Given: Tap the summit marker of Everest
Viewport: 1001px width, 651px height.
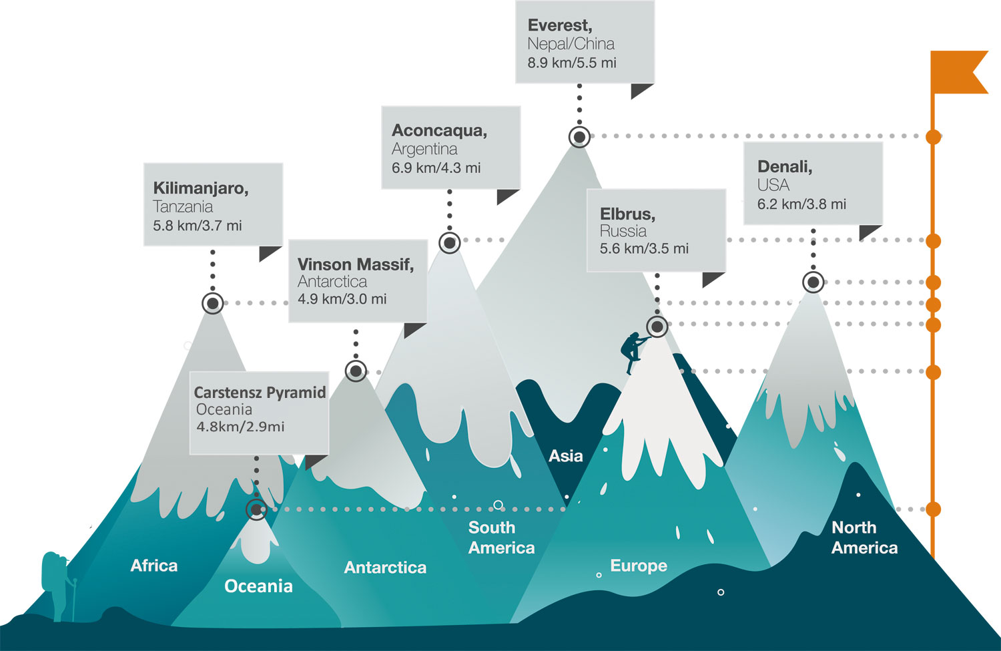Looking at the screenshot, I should point(579,137).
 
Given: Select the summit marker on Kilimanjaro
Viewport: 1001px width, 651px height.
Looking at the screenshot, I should point(213,304).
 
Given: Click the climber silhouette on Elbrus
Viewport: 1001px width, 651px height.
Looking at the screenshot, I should point(631,351).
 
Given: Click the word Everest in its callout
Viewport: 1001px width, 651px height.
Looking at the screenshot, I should point(559,25).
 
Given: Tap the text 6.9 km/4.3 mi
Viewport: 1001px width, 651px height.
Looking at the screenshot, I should point(436,168).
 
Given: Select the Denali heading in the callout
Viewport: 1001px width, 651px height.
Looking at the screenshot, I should point(784,166).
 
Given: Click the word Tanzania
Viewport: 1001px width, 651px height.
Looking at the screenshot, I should point(183,207).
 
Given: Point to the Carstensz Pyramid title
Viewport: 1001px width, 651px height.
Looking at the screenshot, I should point(260,393).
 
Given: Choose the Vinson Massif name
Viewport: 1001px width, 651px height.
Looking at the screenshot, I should point(355,264).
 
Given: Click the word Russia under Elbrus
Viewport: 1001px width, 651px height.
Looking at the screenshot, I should point(623,231).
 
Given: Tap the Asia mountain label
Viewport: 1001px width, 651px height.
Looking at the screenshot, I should point(565,456).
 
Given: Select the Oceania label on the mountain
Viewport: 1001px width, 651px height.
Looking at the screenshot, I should point(258,586).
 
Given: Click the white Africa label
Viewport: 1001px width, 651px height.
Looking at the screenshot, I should point(154,566).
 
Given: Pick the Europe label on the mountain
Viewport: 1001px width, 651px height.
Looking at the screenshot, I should point(639,566).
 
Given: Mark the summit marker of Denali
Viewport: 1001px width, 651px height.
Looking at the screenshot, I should point(813,282).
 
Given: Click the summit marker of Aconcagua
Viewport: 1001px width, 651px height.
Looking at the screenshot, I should point(450,243).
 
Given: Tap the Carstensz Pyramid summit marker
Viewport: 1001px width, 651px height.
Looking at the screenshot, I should point(256,509).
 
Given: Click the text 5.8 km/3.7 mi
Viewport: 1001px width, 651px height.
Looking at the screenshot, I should point(197,226).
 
